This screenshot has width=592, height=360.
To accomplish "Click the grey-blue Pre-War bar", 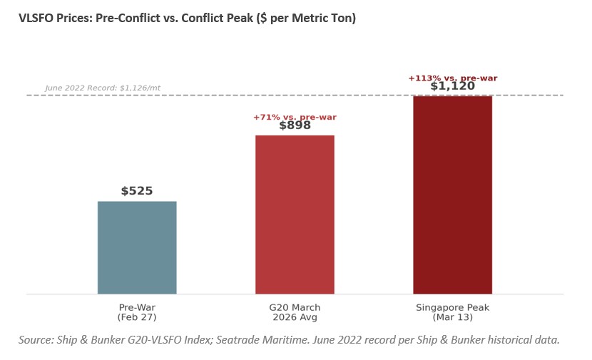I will coord(137,247).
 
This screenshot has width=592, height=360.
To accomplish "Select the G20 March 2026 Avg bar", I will coord(295,214).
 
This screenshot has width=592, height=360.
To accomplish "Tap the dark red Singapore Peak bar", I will coord(452,194).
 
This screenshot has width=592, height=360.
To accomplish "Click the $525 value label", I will coord(137,191).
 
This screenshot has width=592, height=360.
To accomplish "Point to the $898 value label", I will coord(295,125).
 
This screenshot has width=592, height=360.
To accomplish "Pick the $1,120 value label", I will coord(452,86).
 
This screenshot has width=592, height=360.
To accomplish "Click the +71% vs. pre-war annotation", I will coord(295,117).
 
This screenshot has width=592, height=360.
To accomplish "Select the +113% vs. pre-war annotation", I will coord(452,78).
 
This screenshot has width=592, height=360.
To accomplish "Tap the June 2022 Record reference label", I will coord(103,88).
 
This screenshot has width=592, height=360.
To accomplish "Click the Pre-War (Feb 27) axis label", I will coord(137,312).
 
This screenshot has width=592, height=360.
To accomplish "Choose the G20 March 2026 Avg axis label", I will coord(295,312).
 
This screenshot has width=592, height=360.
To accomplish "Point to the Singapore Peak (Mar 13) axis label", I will coord(452,312).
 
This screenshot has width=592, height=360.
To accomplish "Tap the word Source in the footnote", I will coord(36,340).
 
